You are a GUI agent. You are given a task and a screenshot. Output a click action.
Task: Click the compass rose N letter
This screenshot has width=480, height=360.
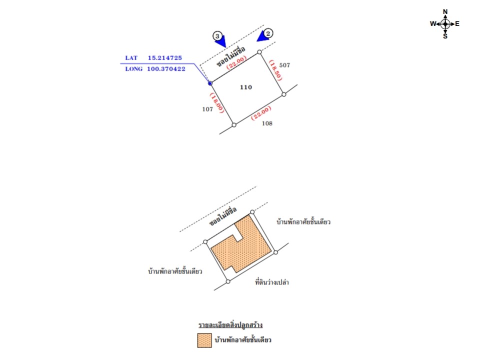coord(445,11)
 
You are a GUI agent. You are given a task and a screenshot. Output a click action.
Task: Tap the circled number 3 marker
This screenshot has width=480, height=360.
coord(217,36)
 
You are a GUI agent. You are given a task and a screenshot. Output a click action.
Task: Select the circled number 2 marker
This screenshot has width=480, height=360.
coord(268,33)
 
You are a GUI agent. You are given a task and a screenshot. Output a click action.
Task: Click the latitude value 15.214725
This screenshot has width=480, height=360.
coord(164,58)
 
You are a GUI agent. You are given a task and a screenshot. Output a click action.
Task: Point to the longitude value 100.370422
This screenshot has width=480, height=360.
coord(166,69)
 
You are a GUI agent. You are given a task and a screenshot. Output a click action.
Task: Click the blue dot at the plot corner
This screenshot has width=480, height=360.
coord(210,83)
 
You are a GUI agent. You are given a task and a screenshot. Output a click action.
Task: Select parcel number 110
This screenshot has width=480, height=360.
coord(246,87)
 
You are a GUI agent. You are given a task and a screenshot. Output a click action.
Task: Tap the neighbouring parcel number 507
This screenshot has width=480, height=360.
coord(284,65)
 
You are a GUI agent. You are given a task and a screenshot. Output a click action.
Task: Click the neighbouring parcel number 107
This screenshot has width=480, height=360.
coord(207,109)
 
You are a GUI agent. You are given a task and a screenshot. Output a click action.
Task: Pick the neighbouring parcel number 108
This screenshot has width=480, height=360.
coord(267,123)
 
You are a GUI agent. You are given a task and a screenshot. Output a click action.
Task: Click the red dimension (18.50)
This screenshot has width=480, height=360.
coord(275,70)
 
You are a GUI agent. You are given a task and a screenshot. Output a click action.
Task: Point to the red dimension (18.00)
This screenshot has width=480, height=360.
coord(216,103)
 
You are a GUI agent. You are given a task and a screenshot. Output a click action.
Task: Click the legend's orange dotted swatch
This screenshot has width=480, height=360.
coord(204,340)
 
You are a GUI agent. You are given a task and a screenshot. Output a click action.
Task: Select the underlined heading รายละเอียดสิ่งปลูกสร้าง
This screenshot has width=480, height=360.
coord(230,325)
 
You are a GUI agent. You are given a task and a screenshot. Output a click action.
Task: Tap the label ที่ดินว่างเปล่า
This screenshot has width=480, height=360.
coord(272,282)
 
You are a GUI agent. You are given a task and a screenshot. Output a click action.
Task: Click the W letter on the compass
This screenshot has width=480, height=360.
coord(433,23)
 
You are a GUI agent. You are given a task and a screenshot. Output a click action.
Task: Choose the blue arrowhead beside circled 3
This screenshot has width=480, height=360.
coord(220,41)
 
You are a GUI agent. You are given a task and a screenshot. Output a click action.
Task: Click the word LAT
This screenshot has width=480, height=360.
coord(131,58)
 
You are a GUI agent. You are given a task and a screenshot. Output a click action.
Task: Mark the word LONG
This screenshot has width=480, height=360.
coord(134,69)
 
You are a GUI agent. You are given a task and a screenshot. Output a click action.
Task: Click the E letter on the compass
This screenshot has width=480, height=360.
coord(457,23)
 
